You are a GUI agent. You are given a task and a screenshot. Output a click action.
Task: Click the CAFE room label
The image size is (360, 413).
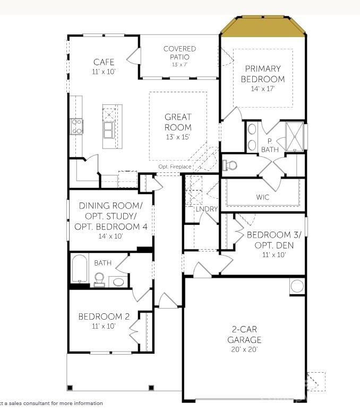pos(104,62)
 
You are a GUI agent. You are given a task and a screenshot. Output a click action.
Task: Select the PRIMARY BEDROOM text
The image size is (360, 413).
pos(263,74)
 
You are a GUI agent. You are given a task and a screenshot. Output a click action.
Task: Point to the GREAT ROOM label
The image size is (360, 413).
pos(178,122)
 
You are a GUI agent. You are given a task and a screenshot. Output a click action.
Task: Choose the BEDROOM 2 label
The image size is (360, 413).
pos(104,317)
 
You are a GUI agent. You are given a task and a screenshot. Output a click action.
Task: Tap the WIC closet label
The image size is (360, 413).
pos(263,197)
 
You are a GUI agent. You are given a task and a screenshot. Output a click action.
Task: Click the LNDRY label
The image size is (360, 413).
pos(207,209)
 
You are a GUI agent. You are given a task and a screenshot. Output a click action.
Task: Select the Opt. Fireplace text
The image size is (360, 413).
pos(175,166)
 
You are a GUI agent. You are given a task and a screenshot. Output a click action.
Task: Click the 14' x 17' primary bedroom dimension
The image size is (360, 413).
pos(263,89)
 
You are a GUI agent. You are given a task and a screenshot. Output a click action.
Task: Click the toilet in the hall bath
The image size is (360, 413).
pos(99,279)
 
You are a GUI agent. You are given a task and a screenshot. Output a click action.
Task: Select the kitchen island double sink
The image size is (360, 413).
pos(109,129)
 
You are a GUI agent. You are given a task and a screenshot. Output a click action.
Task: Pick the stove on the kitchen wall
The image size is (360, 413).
pos(77,126)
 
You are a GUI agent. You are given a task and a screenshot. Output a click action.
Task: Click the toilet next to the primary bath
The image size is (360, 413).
pos(230,165)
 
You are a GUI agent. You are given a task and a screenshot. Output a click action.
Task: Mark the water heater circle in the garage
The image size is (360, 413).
pos(297,286)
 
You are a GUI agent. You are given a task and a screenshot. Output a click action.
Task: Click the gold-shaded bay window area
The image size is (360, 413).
pos(264,28)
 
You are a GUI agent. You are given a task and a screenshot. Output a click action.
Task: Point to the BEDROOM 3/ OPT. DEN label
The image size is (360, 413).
pos(270,240)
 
